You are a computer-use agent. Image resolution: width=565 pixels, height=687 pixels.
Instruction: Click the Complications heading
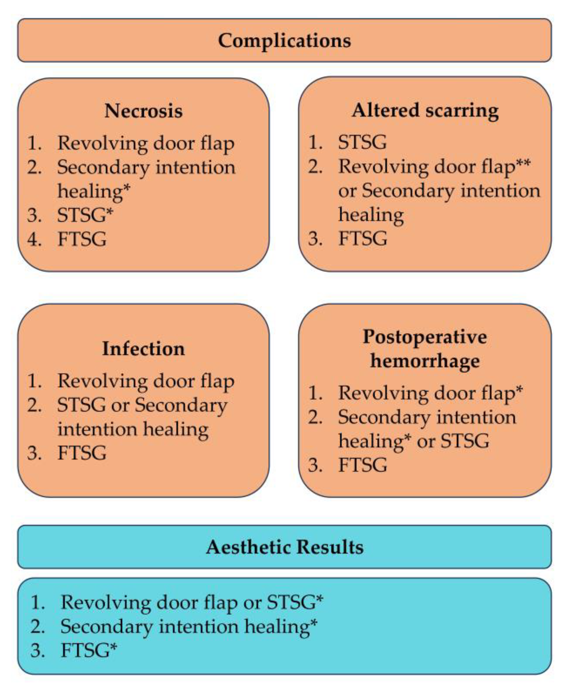[284, 41]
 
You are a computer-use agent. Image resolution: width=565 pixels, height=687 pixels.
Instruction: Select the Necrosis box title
[143, 111]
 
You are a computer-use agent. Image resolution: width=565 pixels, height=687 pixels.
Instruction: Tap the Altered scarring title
[425, 111]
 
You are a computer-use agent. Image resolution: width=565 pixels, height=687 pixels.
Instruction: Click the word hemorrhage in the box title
[425, 361]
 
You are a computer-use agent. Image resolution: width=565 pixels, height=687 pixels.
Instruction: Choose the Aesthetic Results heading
[285, 547]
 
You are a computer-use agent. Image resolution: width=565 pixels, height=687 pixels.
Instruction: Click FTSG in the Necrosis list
[82, 239]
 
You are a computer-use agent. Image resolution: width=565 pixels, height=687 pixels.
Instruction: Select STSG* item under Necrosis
[85, 215]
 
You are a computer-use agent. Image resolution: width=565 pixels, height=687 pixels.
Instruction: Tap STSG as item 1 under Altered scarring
[363, 142]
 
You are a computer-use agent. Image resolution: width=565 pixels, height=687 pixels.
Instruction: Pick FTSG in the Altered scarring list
[363, 238]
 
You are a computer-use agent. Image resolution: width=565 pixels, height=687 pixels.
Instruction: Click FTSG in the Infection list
[82, 453]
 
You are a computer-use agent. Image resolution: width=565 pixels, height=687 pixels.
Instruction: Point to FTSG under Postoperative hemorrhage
[363, 465]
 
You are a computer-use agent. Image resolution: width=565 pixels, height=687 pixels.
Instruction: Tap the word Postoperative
[425, 337]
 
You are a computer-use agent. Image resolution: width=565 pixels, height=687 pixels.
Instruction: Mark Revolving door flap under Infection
[146, 381]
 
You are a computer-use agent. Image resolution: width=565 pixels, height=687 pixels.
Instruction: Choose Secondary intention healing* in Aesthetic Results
[189, 627]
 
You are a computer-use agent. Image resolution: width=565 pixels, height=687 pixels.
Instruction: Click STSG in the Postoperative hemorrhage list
[464, 441]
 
